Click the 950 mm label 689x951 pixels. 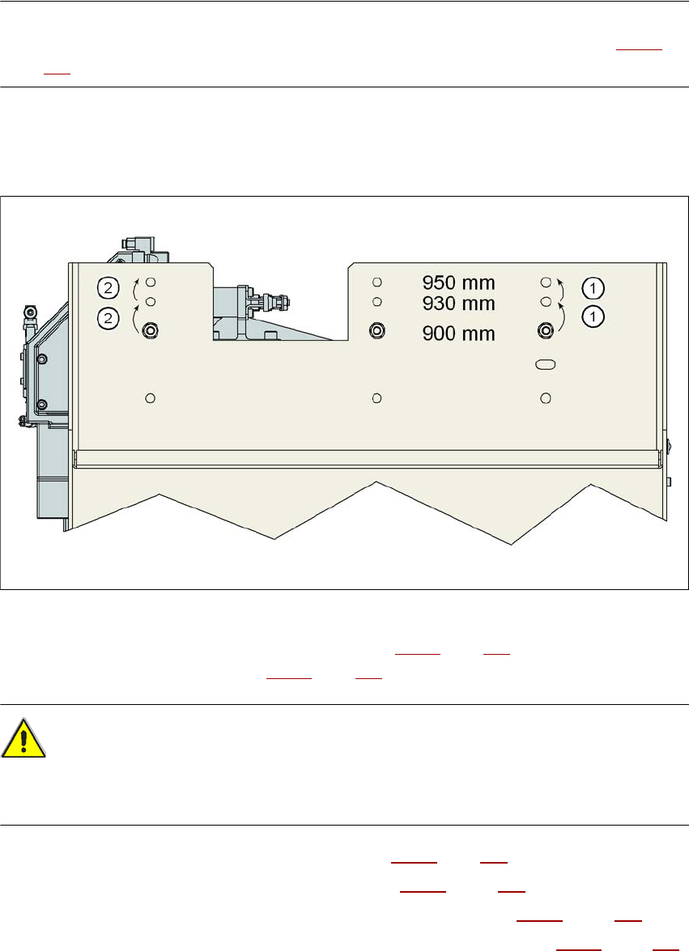point(458,283)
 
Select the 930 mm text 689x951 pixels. point(458,303)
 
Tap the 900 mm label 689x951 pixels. point(458,333)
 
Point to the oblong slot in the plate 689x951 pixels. point(546,366)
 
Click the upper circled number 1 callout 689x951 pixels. point(593,287)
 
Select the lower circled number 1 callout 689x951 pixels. point(593,316)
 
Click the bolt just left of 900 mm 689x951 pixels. point(376,330)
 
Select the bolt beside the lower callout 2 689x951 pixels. point(150,330)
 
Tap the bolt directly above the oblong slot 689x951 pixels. point(546,330)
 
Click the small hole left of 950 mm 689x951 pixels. point(376,282)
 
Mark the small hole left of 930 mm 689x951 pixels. point(376,302)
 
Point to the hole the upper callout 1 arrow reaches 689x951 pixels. point(546,282)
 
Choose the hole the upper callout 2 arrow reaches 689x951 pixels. point(150,282)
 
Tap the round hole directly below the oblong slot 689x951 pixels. point(546,397)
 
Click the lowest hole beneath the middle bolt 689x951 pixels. point(376,397)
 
